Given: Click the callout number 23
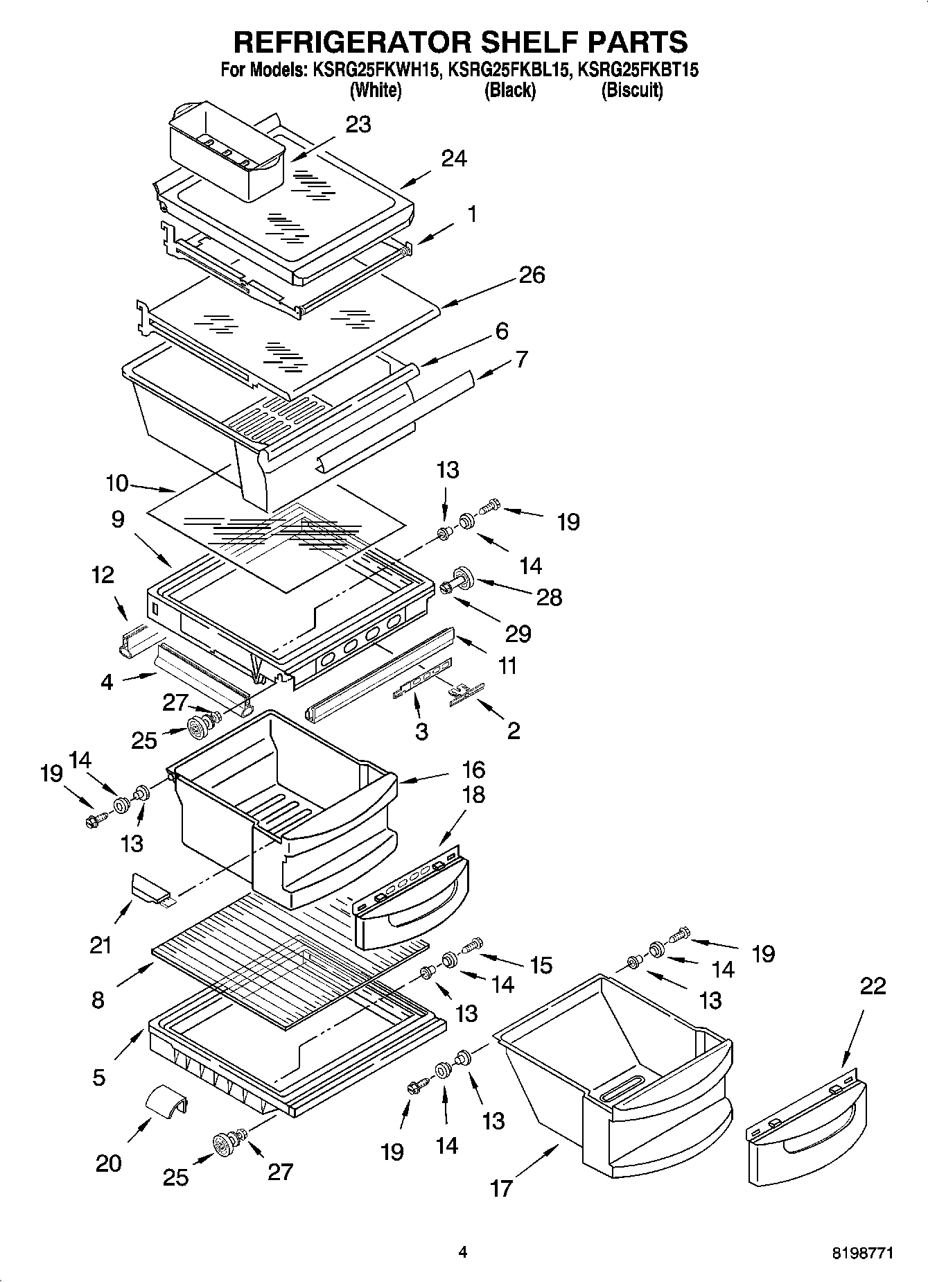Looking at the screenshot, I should [358, 125].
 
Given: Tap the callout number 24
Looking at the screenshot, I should [454, 159].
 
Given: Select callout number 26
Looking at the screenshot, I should [532, 275].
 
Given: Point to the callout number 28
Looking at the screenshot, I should [550, 597].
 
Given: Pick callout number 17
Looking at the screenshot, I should [501, 1188].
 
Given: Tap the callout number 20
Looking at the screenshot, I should [108, 1163].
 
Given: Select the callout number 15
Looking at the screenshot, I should [541, 964].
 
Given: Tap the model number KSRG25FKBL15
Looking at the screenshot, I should [509, 70].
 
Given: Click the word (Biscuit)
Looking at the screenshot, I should [631, 90].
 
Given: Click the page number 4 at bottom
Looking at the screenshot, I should [462, 1252].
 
